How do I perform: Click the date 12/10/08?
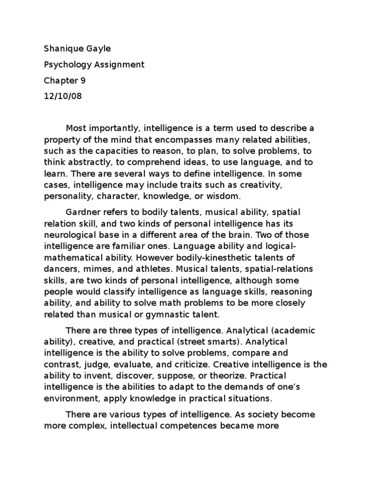[63, 95]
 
